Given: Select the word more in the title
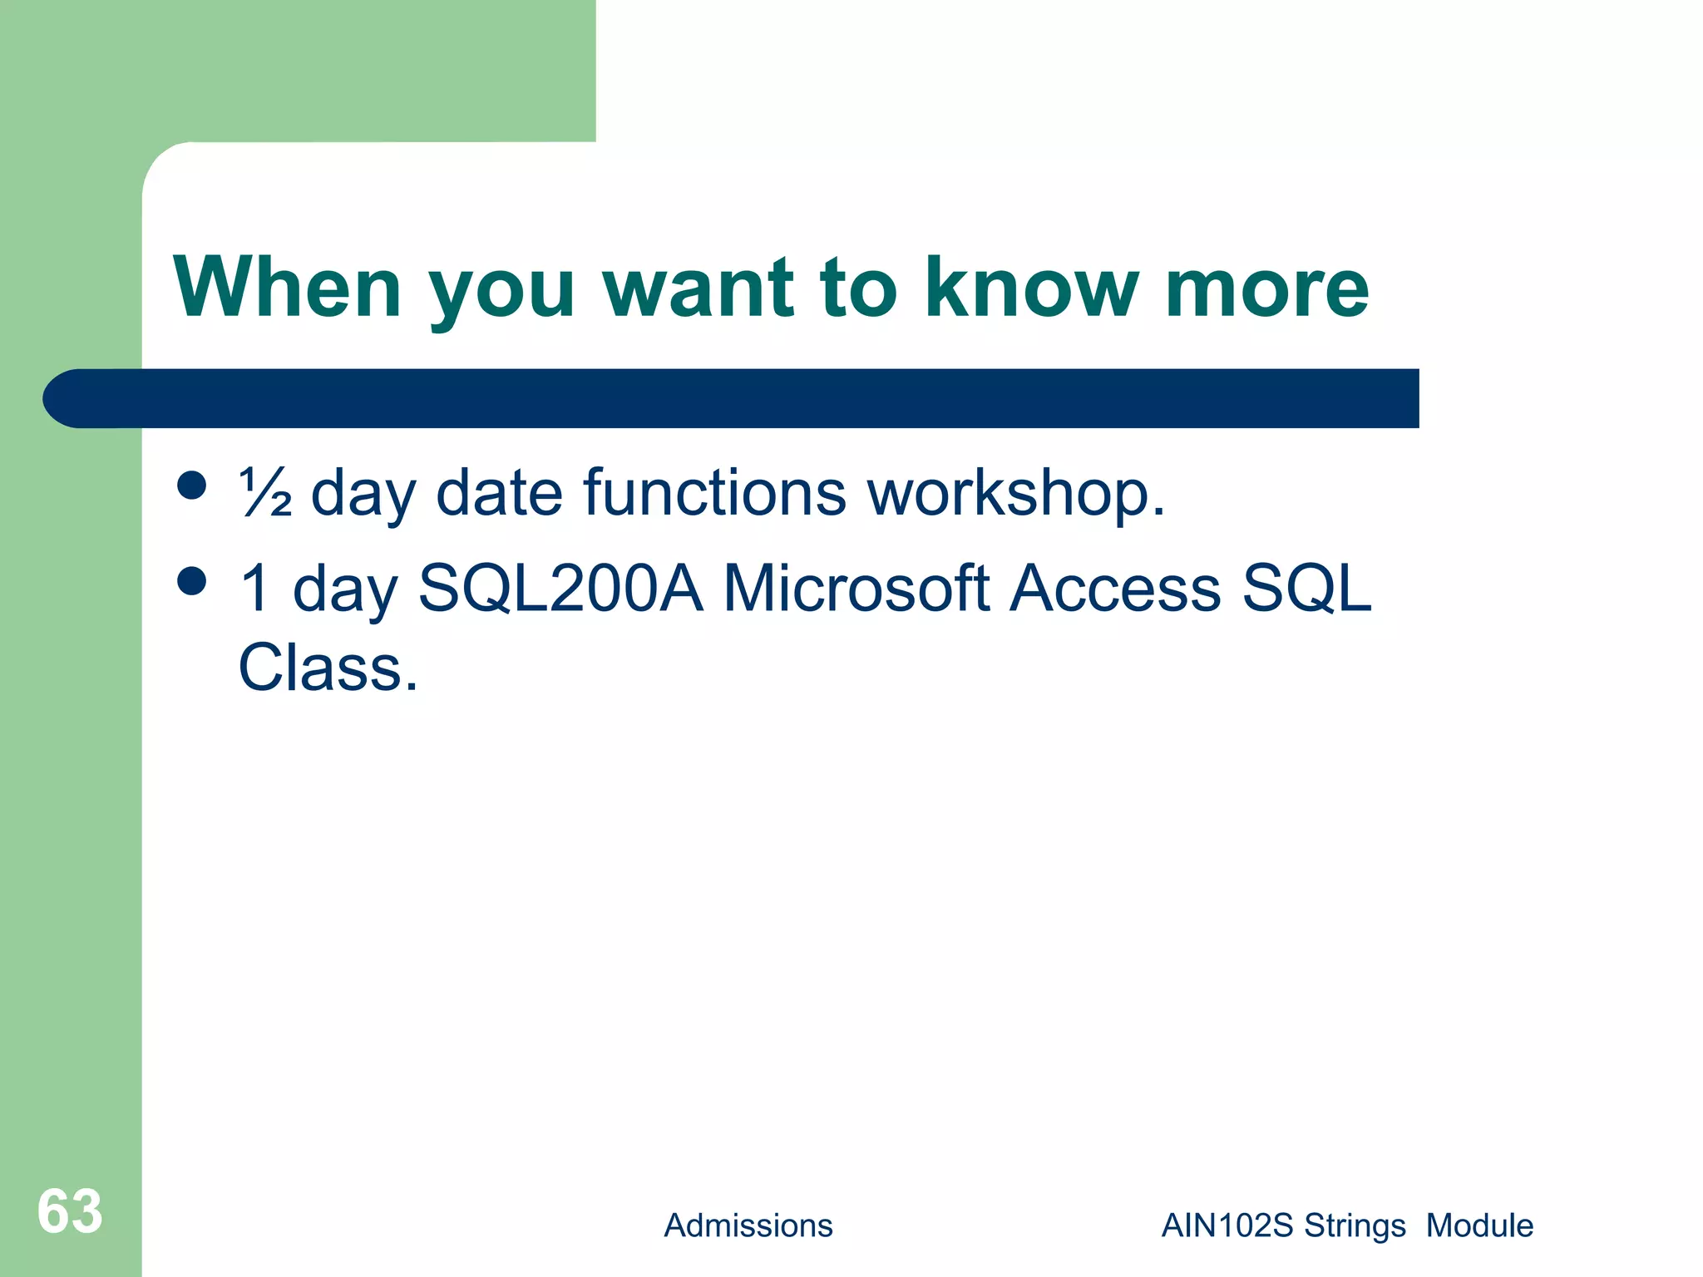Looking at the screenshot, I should click(1266, 289).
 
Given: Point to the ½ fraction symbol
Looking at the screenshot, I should click(264, 492).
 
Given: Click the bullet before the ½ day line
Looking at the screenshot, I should click(192, 486).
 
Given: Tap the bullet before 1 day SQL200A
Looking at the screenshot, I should click(192, 581).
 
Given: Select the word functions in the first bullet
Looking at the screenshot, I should click(714, 492).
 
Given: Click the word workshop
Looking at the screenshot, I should click(1015, 492).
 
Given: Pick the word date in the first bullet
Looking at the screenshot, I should click(499, 492).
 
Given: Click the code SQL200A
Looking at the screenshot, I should click(560, 589).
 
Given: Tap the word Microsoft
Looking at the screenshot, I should click(856, 589).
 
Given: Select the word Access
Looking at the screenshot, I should click(1115, 589).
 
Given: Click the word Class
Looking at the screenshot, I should click(328, 668).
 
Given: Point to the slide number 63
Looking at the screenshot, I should click(70, 1211).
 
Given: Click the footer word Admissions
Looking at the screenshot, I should click(748, 1225).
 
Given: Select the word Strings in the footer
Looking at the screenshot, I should click(1355, 1226).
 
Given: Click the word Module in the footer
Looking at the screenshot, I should click(1479, 1225).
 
